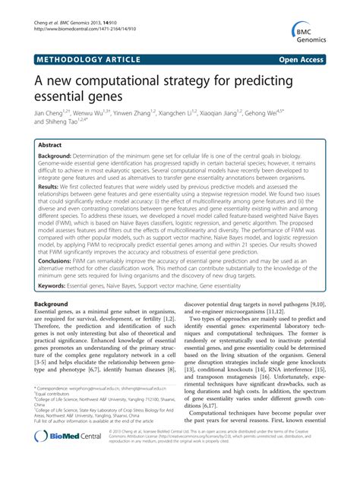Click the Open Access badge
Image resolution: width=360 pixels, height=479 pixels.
(312, 58)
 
